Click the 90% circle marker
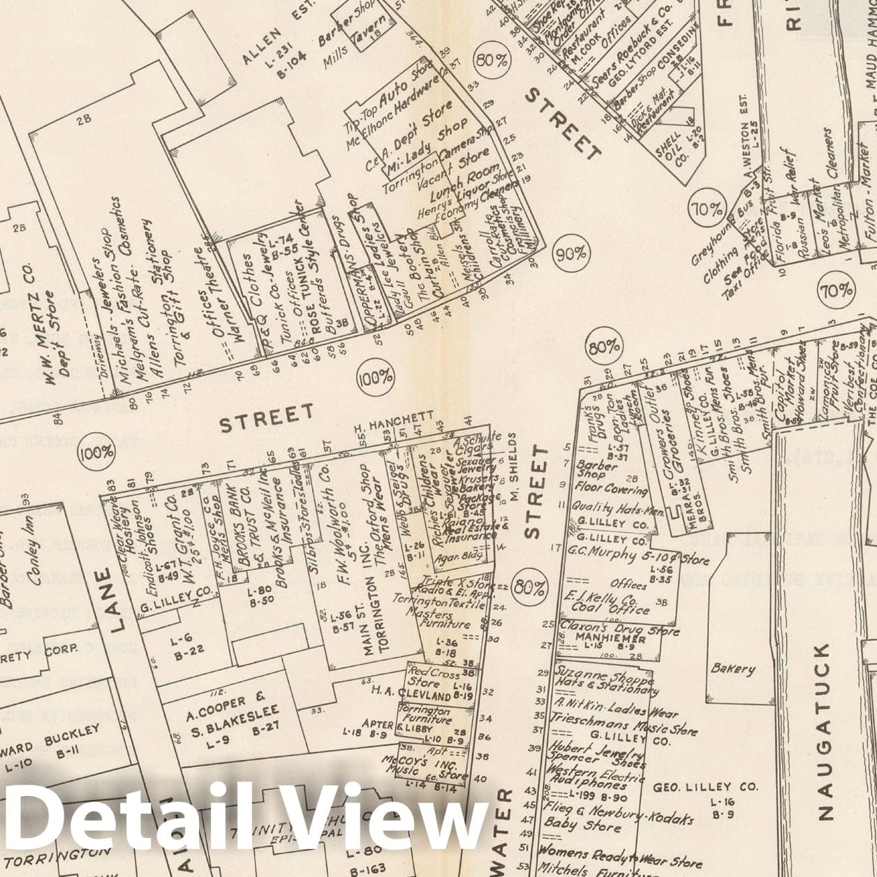pos(572,253)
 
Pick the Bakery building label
pos(733,669)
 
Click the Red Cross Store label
pos(433,677)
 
